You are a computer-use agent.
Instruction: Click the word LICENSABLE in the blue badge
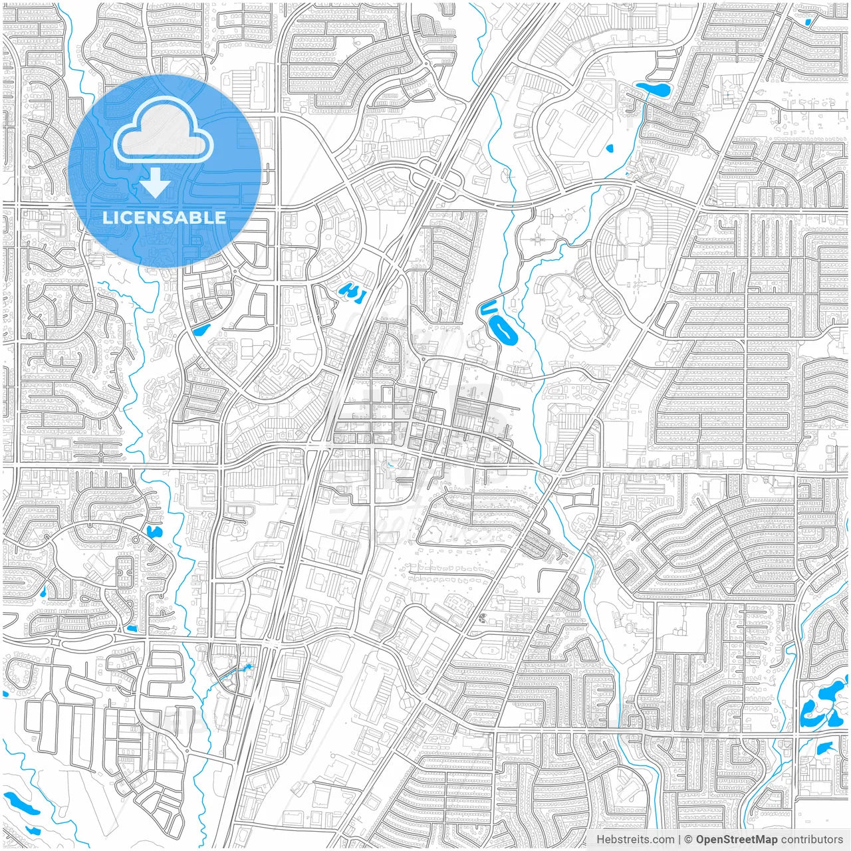164,217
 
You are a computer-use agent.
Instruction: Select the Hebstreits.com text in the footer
635,840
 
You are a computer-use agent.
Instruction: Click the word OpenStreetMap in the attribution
737,840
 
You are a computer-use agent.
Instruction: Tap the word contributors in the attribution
812,840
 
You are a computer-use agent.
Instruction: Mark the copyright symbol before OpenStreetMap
688,840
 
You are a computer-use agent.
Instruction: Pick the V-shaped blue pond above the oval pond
488,308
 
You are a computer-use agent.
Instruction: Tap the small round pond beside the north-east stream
610,149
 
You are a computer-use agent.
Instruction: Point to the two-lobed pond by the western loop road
154,531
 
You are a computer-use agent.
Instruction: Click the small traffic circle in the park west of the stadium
568,216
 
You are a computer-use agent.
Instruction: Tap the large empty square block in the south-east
681,628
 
